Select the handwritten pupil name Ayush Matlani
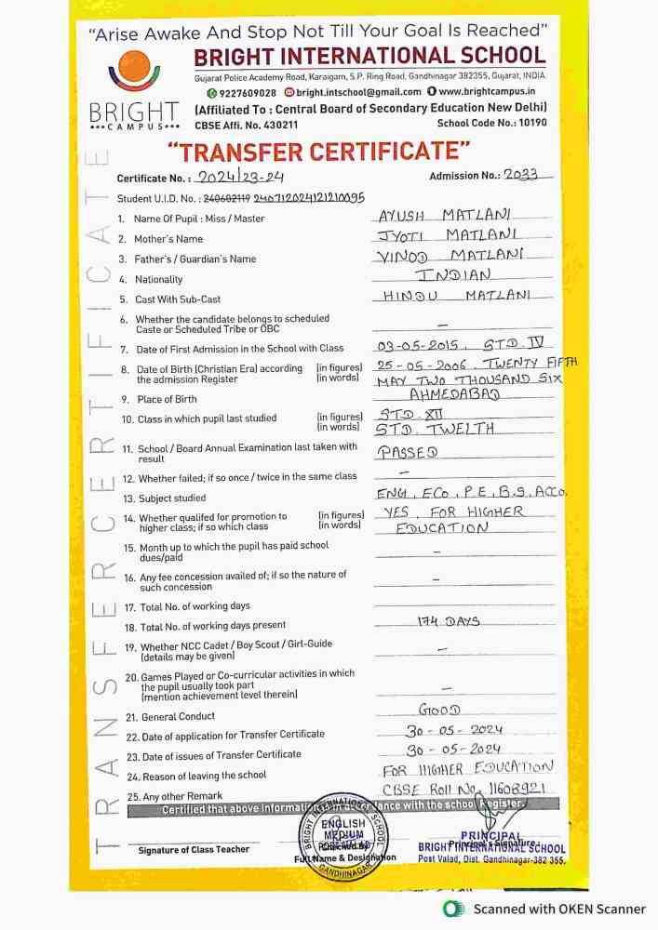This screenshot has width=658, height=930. pos(445,215)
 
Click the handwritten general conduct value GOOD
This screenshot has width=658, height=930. pos(439,711)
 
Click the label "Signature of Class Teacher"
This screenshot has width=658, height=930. pos(194,850)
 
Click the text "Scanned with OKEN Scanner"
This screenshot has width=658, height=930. pos(557,909)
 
